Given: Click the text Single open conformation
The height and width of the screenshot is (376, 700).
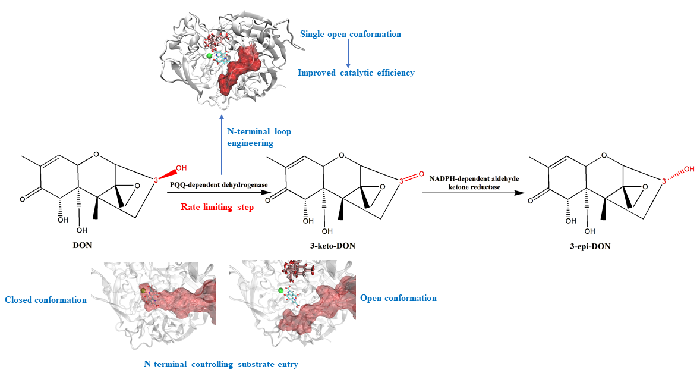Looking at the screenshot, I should tap(351, 34).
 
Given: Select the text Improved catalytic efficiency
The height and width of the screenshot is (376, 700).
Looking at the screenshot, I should tap(356, 73).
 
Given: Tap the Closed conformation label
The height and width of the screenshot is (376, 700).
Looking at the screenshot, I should tap(46, 300).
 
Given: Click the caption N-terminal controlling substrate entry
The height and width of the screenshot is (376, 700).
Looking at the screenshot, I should tap(220, 364).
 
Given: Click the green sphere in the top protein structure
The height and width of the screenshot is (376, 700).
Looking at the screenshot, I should tap(209, 55).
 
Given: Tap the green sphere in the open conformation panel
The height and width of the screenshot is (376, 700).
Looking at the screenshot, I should tap(280, 290).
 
